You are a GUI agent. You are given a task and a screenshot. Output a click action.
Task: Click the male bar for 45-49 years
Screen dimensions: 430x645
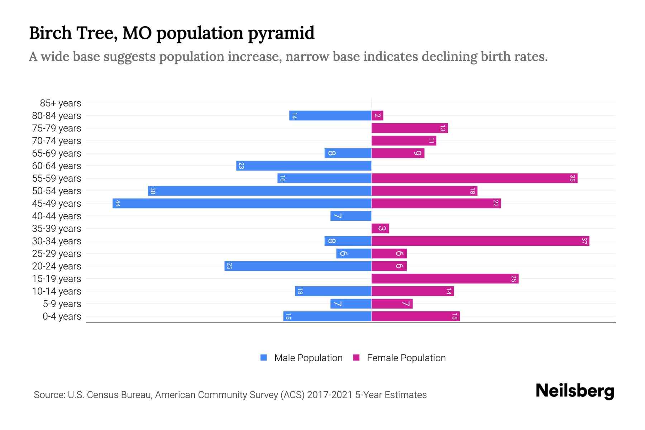pyautogui.click(x=242, y=204)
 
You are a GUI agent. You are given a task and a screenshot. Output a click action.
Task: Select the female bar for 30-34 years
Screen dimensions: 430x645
pyautogui.click(x=480, y=241)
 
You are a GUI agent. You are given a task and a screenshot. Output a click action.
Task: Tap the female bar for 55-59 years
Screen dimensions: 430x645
pyautogui.click(x=474, y=178)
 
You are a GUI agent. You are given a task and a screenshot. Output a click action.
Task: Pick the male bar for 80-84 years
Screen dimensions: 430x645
pyautogui.click(x=330, y=116)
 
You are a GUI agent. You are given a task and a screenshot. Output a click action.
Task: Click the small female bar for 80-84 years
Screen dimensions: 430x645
pyautogui.click(x=377, y=116)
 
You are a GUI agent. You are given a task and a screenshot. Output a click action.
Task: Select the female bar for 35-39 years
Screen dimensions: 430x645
pyautogui.click(x=380, y=229)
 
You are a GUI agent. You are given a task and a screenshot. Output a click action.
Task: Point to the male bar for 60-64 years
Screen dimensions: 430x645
pyautogui.click(x=304, y=166)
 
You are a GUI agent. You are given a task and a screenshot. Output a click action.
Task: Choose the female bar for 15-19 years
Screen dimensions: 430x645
pyautogui.click(x=445, y=279)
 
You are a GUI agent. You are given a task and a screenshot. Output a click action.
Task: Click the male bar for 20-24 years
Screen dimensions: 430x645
pyautogui.click(x=298, y=266)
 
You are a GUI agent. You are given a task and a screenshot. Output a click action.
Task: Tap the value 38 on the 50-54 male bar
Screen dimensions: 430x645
pyautogui.click(x=153, y=191)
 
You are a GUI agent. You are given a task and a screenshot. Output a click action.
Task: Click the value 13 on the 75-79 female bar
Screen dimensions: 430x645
pyautogui.click(x=443, y=128)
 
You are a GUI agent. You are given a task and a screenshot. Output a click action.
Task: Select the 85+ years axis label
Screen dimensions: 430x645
pyautogui.click(x=60, y=103)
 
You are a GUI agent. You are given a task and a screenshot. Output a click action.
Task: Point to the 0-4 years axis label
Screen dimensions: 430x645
pyautogui.click(x=62, y=316)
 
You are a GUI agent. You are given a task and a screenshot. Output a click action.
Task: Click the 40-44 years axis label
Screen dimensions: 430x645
pyautogui.click(x=57, y=216)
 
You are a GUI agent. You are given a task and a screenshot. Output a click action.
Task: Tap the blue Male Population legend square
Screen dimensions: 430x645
pyautogui.click(x=264, y=358)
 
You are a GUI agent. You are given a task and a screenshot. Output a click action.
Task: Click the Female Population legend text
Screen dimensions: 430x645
pyautogui.click(x=406, y=358)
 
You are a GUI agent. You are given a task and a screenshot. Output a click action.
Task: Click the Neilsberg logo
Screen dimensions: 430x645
pyautogui.click(x=575, y=391)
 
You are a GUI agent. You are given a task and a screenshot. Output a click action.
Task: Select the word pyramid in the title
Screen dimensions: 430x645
pyautogui.click(x=281, y=33)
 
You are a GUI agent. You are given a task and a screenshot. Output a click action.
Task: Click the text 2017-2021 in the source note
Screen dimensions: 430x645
pyautogui.click(x=330, y=395)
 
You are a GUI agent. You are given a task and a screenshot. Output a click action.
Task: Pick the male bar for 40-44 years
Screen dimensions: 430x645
pyautogui.click(x=350, y=216)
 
